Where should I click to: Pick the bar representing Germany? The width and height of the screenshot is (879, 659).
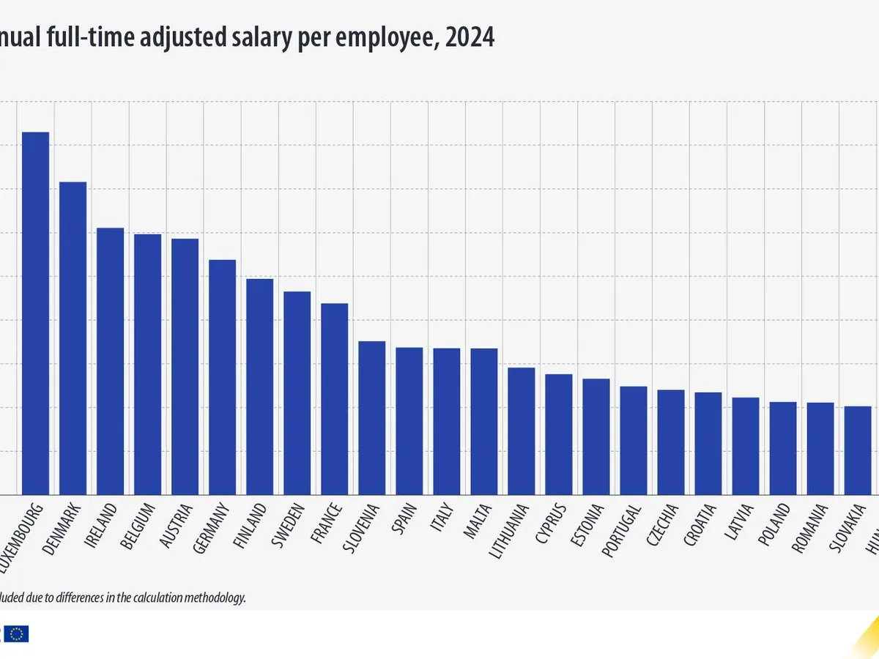pyautogui.click(x=222, y=377)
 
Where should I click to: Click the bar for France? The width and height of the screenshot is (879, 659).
pyautogui.click(x=334, y=399)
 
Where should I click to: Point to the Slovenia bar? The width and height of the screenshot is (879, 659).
pyautogui.click(x=371, y=418)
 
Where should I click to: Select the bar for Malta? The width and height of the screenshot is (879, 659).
pyautogui.click(x=483, y=422)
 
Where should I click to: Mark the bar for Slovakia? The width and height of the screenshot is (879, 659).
pyautogui.click(x=858, y=450)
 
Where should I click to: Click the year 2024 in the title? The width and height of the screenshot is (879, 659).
pyautogui.click(x=470, y=37)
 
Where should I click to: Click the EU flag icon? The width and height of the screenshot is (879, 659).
pyautogui.click(x=19, y=634)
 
